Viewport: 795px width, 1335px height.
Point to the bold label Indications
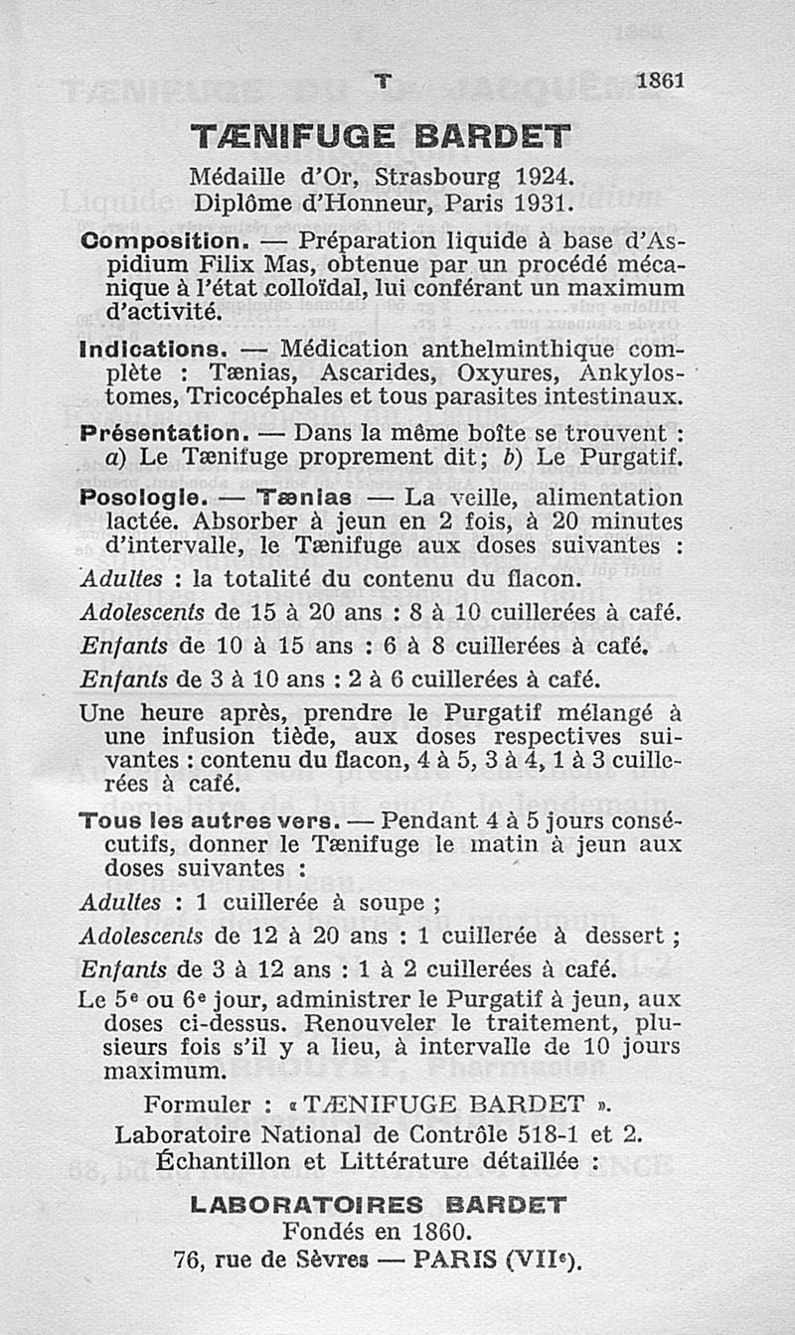point(153,350)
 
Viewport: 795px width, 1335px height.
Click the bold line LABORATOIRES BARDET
point(378,1205)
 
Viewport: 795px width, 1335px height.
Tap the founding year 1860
point(434,1232)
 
